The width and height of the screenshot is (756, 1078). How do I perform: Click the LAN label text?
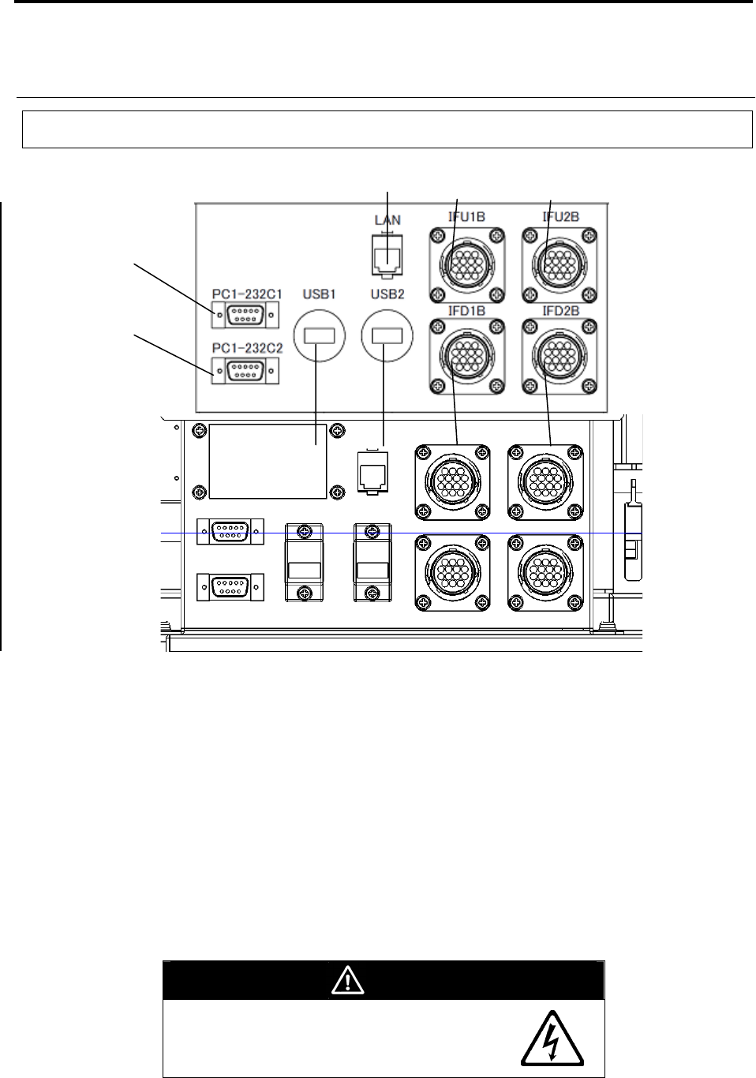[387, 220]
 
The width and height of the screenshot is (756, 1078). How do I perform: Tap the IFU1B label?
[466, 216]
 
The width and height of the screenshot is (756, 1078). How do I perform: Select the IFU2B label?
[560, 216]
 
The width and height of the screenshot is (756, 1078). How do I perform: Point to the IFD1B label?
[466, 311]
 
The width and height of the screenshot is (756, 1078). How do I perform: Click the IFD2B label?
[560, 311]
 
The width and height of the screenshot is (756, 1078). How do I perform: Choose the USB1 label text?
[319, 294]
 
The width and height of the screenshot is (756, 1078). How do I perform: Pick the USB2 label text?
[387, 294]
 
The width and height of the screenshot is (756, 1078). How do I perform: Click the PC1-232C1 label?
[247, 294]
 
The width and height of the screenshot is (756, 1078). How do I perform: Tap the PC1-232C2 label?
[247, 348]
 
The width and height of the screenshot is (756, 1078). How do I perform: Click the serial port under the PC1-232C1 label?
[245, 315]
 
